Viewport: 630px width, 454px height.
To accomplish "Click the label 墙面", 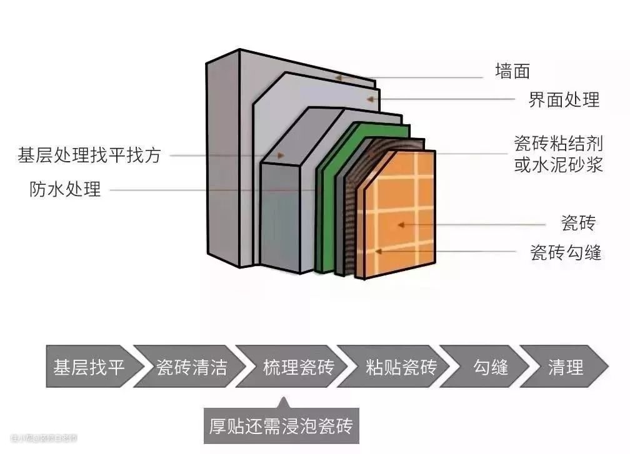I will click(x=512, y=71).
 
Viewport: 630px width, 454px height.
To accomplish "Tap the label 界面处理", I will click(x=564, y=99).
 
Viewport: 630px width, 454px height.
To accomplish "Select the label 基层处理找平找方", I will click(x=89, y=155).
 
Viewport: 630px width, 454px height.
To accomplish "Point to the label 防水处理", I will click(x=65, y=189).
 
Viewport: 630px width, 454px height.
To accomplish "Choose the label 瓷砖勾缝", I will click(x=566, y=252).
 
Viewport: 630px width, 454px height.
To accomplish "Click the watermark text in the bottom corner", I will click(x=44, y=438).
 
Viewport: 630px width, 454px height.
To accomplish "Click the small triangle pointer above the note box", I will click(x=283, y=402).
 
